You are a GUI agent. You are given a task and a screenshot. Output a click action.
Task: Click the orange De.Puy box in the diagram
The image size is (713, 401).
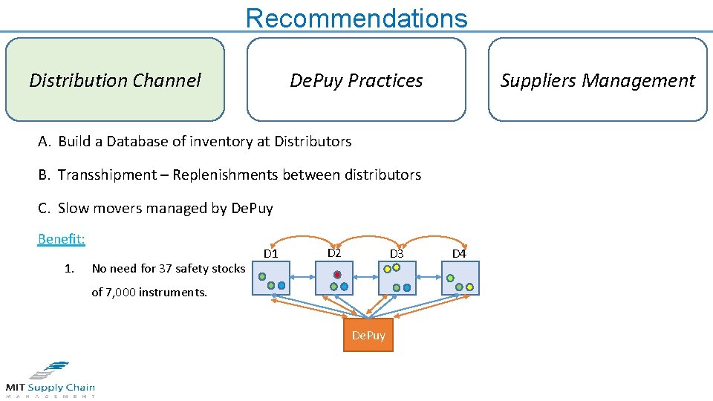click(368, 335)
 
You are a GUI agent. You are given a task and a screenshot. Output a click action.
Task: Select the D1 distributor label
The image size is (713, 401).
click(271, 255)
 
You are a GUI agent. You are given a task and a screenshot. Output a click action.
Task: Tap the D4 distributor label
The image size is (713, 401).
click(459, 254)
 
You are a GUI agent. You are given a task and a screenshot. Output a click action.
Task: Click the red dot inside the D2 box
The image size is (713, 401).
click(336, 274)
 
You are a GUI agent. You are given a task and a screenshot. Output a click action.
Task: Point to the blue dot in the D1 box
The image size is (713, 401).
click(281, 286)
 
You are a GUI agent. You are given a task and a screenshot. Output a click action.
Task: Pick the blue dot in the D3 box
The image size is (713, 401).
click(407, 287)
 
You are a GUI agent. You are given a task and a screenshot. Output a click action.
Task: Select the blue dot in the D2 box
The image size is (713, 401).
click(344, 286)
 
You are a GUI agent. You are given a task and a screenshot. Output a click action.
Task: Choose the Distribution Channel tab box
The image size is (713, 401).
click(115, 80)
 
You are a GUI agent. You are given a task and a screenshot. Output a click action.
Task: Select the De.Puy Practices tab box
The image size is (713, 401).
click(356, 80)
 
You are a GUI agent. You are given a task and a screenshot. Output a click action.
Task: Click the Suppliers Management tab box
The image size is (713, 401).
click(597, 80)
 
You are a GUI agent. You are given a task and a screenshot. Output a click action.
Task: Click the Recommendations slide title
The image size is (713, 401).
click(356, 18)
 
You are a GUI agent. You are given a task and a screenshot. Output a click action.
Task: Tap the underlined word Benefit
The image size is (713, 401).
click(62, 238)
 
